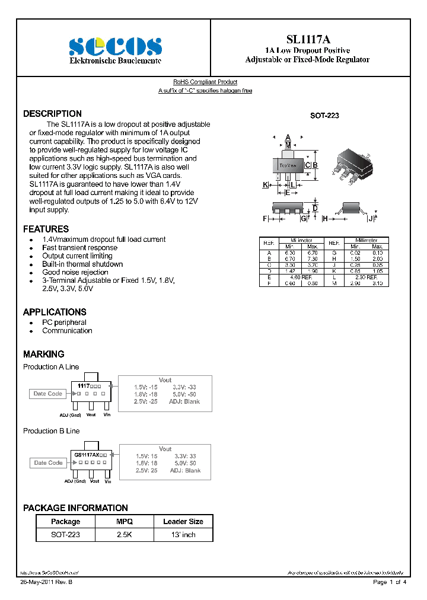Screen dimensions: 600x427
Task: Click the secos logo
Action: [115, 46]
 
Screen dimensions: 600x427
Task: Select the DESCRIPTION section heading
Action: [52, 114]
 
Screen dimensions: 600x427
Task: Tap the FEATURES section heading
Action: [46, 229]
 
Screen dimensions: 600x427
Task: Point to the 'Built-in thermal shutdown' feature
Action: [82, 264]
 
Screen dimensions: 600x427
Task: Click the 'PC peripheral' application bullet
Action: [64, 323]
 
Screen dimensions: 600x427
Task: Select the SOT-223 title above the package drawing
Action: [324, 117]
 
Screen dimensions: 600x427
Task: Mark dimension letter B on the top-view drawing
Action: [316, 165]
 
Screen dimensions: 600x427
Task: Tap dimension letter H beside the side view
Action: [325, 219]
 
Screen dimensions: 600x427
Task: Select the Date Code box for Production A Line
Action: [47, 394]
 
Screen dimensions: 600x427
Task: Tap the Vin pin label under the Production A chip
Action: [107, 415]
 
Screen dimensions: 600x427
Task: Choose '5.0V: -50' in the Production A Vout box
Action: [184, 394]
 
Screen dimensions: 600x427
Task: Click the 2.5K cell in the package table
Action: [125, 535]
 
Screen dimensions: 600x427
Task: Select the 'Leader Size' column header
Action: [183, 522]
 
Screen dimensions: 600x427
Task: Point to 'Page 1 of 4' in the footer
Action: [389, 583]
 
